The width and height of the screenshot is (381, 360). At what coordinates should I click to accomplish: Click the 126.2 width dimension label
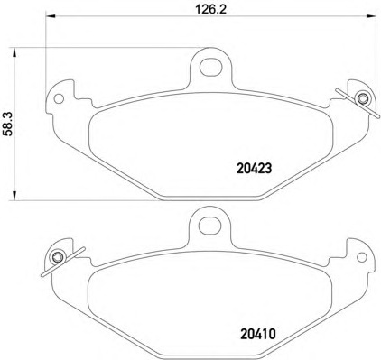point(210,9)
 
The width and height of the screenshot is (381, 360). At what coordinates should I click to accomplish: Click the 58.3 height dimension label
point(9,124)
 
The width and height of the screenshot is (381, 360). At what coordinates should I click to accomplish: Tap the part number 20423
point(255,169)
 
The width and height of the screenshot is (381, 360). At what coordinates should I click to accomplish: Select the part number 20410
point(258,334)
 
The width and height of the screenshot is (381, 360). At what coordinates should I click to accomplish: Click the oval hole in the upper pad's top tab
point(211,67)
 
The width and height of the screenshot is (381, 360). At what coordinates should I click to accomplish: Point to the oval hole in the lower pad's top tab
point(209,225)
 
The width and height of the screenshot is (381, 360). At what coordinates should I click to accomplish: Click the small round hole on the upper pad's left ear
point(59,98)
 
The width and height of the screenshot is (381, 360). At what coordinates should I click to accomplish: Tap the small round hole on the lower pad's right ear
point(361,257)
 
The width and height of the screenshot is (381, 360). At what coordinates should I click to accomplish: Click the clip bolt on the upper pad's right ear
point(362,98)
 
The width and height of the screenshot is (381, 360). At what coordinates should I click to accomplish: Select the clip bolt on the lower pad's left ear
point(57,257)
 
